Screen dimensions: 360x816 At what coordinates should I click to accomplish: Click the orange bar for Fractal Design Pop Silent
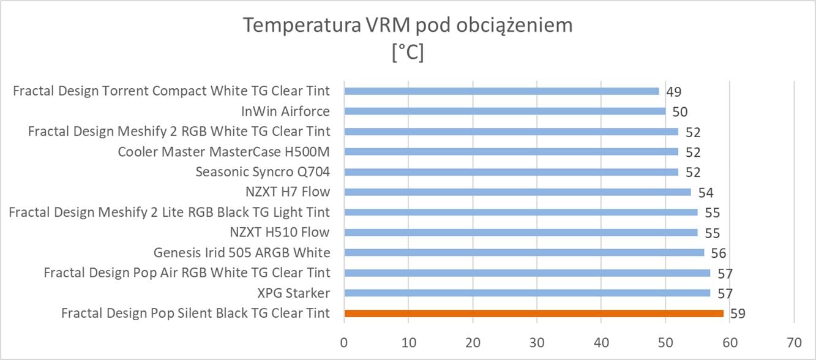[x=534, y=313]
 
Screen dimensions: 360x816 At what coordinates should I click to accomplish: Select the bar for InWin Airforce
[x=505, y=111]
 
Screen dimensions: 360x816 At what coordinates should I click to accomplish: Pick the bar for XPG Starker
[x=527, y=293]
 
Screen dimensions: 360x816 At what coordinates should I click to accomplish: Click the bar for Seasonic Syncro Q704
[x=511, y=171]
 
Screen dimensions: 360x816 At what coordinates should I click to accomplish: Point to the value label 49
[x=674, y=92]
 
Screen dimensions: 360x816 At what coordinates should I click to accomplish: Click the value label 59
[x=738, y=314]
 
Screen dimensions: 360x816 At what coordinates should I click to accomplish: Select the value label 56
[x=719, y=253]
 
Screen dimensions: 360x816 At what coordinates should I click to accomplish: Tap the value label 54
[x=706, y=193]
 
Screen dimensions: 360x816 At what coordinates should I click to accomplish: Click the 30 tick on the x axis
[x=537, y=341]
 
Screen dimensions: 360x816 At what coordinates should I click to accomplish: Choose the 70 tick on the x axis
[x=793, y=341]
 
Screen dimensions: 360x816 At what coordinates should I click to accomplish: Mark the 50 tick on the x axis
[x=665, y=341]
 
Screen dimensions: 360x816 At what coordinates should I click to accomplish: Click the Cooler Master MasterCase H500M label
[x=224, y=151]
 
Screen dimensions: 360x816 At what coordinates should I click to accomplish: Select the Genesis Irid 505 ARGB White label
[x=242, y=252]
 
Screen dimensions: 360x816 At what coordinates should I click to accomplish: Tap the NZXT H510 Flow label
[x=280, y=232]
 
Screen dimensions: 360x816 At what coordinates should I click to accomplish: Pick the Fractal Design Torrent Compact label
[x=171, y=91]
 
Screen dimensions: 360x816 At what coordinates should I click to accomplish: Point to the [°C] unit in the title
[x=408, y=53]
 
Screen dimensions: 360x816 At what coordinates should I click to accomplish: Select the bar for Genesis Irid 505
[x=524, y=252]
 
